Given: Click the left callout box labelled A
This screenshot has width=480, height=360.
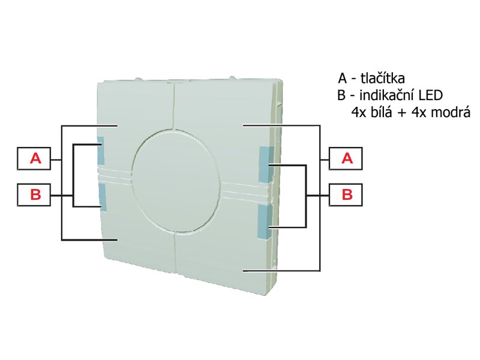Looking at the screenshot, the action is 34,158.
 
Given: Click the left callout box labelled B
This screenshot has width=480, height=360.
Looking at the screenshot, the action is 34,194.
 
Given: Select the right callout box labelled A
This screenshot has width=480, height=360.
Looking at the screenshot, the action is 346,158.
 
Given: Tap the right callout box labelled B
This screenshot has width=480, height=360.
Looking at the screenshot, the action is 346,194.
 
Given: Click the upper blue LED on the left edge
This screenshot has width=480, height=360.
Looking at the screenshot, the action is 100,151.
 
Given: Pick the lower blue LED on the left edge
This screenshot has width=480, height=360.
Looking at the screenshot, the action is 103,197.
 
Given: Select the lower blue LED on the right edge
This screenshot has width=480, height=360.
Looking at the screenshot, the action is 264,221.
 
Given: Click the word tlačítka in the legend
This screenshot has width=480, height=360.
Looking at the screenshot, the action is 383,79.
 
